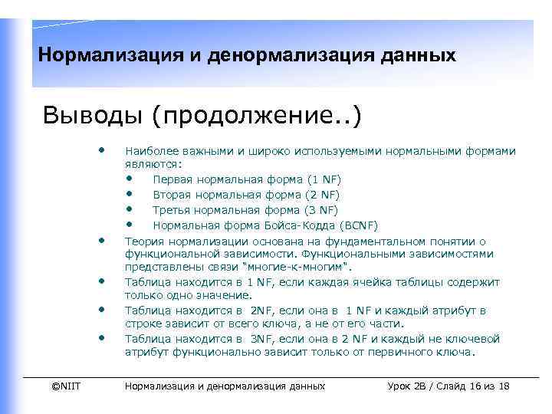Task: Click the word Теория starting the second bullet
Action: pos(143,241)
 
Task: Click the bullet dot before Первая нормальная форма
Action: pos(130,179)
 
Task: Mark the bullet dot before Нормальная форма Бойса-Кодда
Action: pos(130,225)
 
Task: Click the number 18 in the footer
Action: pos(504,386)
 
